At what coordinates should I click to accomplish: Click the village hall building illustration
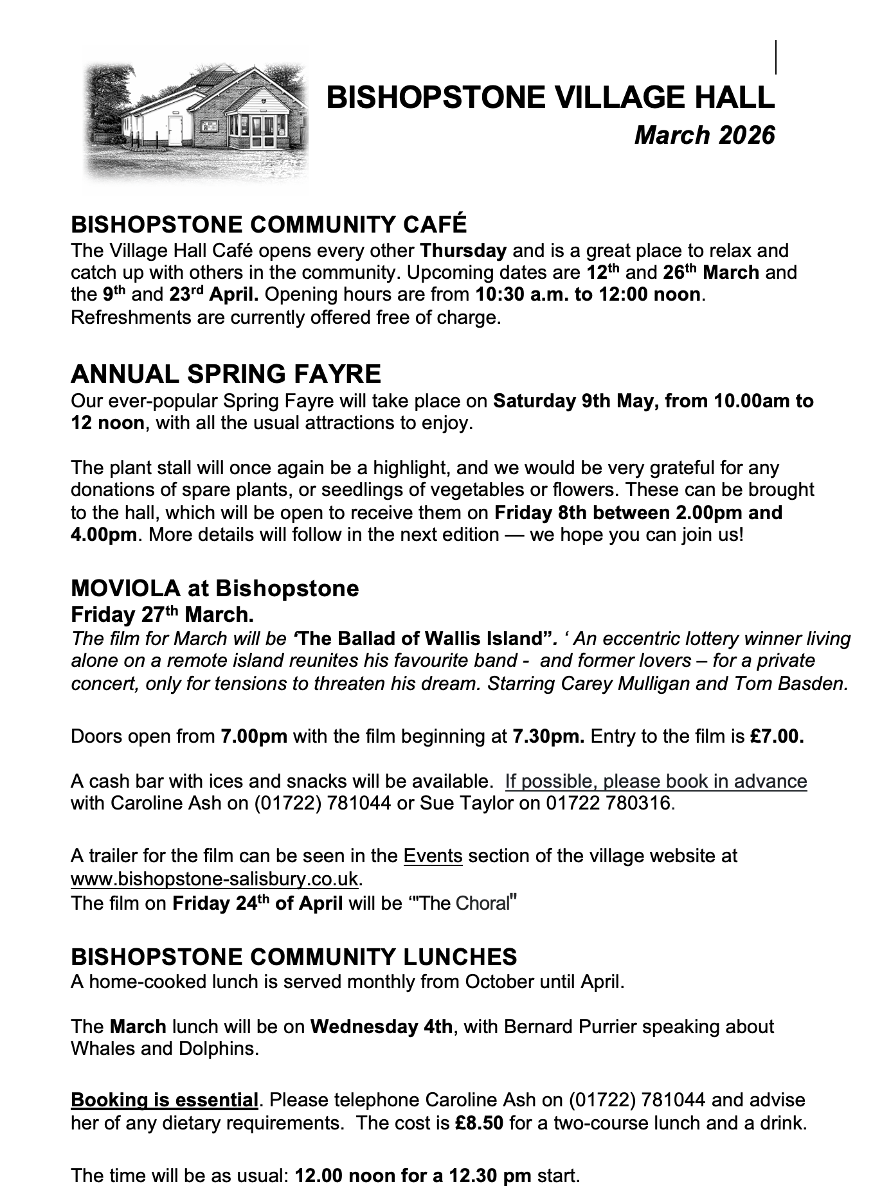(196, 119)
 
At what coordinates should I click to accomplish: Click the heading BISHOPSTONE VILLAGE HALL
(550, 98)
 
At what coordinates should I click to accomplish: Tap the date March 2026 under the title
(705, 136)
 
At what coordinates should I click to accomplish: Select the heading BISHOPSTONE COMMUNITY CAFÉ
(269, 224)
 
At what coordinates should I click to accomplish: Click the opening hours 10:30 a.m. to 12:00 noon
(588, 295)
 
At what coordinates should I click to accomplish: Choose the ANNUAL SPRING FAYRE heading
(226, 374)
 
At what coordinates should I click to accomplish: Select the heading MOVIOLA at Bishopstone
(215, 588)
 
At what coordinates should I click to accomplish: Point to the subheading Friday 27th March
(162, 615)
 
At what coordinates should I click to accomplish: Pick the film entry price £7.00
(777, 736)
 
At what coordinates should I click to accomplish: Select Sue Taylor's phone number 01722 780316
(608, 803)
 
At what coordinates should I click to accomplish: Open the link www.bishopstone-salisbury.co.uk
(214, 878)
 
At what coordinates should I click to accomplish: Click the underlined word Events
(433, 856)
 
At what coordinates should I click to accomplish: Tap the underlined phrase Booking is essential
(165, 1100)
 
